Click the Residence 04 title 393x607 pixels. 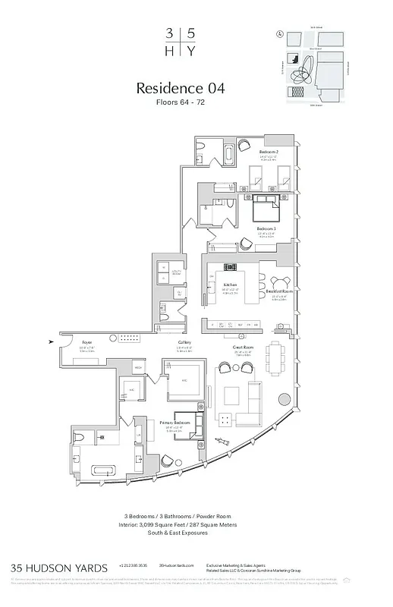[180, 88]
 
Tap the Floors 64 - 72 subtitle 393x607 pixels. [180, 103]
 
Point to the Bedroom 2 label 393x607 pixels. [267, 152]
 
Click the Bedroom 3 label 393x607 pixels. [266, 228]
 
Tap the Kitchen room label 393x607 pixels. [231, 285]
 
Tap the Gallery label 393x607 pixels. [184, 343]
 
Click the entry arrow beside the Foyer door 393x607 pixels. [51, 342]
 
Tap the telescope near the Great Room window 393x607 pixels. [225, 441]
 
